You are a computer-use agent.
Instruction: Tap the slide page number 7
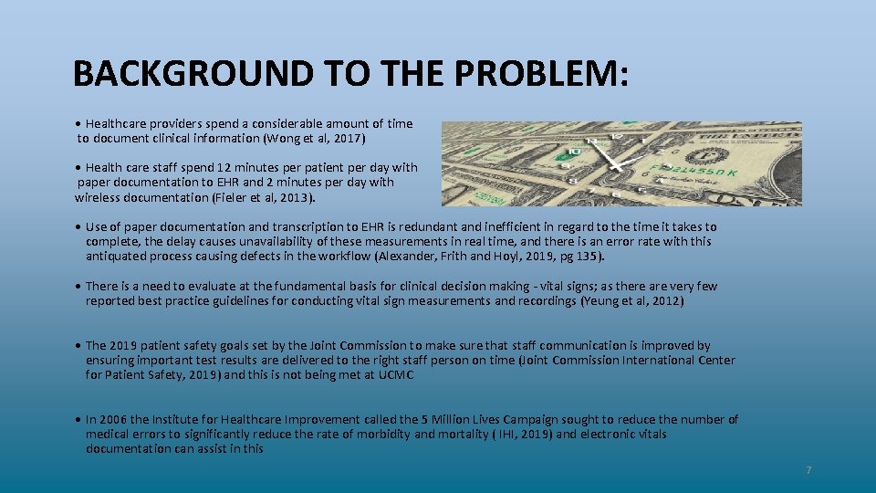tap(808, 470)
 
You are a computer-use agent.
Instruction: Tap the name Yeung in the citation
tap(600, 301)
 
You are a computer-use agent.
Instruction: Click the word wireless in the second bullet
tap(100, 197)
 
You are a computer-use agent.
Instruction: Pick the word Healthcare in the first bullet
tap(117, 123)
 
